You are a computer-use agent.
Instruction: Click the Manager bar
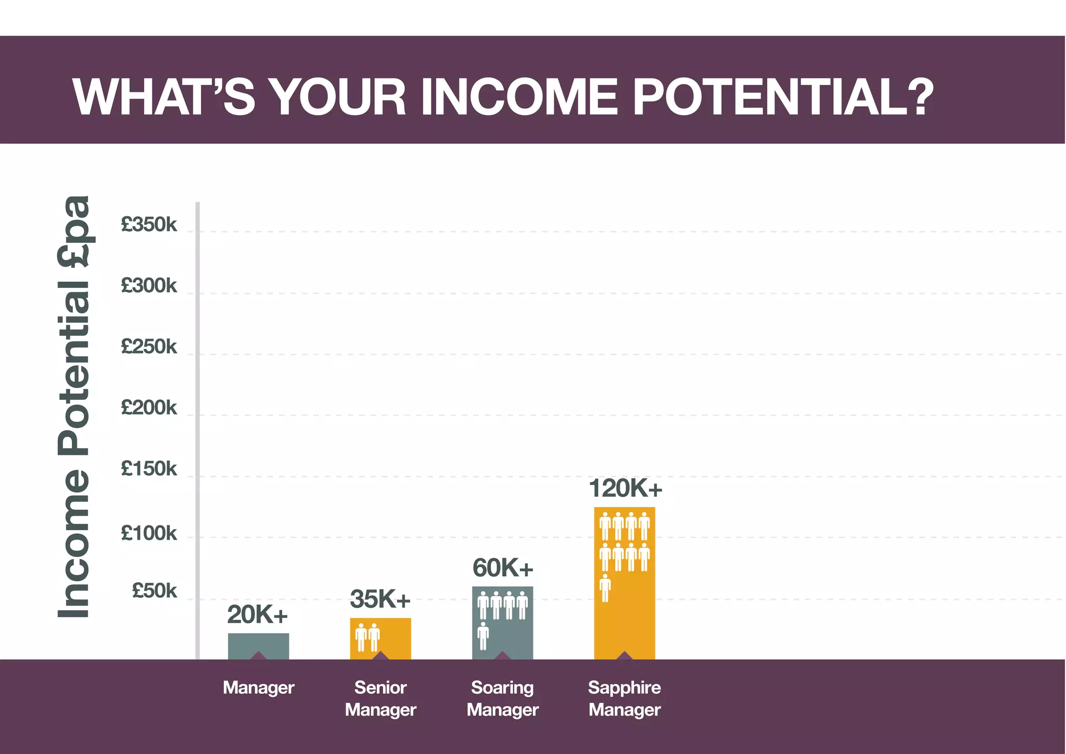click(x=258, y=646)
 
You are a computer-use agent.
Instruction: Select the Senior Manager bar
click(x=380, y=639)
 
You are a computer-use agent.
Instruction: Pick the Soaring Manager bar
click(x=502, y=623)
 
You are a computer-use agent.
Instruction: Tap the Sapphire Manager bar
click(x=625, y=583)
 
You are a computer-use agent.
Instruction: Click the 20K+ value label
click(x=257, y=615)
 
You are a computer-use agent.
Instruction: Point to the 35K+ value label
click(x=380, y=599)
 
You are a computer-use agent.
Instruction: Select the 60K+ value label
click(x=503, y=568)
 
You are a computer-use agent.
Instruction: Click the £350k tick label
click(x=149, y=224)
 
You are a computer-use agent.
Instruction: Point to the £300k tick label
click(x=149, y=285)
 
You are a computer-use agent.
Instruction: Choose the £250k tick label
click(x=149, y=346)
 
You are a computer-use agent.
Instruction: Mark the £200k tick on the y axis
click(x=149, y=407)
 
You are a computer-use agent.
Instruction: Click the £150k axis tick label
click(x=149, y=469)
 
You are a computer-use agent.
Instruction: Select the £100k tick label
click(x=149, y=533)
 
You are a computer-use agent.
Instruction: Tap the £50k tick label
click(x=154, y=590)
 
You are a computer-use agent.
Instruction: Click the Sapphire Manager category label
click(x=625, y=698)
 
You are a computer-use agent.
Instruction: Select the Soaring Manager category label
click(x=502, y=698)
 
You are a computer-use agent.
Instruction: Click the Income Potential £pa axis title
click(x=74, y=407)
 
